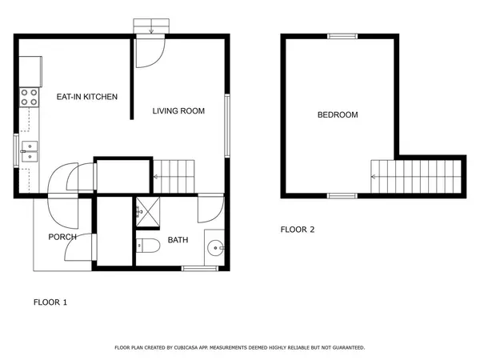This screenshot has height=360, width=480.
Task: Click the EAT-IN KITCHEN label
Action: point(86,97)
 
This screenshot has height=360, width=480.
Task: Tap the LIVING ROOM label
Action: point(178,111)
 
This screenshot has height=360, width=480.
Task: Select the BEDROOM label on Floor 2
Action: point(338,115)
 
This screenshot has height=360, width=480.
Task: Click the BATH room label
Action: point(178,240)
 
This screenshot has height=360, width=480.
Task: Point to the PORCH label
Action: point(62,237)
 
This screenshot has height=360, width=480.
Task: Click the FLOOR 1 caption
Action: point(50,302)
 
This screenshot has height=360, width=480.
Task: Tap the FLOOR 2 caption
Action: point(298,230)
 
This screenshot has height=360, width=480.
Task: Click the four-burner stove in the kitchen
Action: point(29,97)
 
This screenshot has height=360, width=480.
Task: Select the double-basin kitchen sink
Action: point(29,150)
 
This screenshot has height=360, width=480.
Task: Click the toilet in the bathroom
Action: point(144,245)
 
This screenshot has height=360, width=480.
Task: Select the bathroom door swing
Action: point(210,210)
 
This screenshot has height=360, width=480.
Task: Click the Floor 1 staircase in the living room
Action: point(174,175)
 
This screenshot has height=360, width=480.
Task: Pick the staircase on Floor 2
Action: point(417,176)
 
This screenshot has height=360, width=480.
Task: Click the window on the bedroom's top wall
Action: point(342,36)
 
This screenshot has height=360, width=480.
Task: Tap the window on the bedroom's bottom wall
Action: point(342,196)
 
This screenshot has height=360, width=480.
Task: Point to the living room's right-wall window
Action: point(228,126)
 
